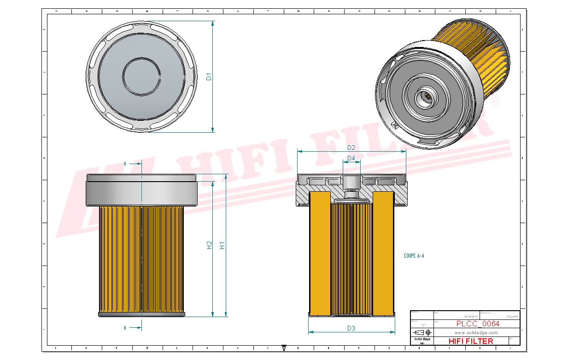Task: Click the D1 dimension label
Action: click(209, 77)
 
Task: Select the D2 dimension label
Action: click(351, 148)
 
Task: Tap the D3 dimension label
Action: click(351, 328)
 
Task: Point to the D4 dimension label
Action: click(351, 158)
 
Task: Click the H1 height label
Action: click(223, 245)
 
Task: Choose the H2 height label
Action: click(210, 245)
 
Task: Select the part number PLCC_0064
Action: click(478, 324)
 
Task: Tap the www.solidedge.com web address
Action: click(476, 332)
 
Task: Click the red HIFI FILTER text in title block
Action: click(470, 341)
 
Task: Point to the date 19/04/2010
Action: click(470, 317)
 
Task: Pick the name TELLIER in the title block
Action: click(512, 317)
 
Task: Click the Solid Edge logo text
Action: click(422, 339)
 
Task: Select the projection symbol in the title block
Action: click(422, 332)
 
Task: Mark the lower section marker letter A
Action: click(125, 328)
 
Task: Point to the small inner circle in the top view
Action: click(140, 77)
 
